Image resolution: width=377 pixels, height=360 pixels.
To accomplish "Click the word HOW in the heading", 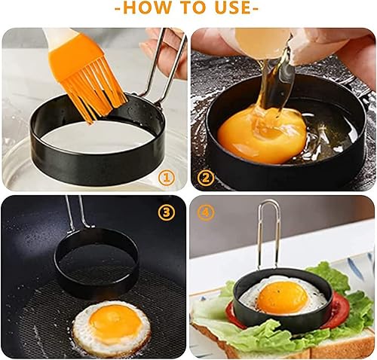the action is point(147,8).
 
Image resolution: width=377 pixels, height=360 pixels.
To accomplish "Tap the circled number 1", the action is point(167,178).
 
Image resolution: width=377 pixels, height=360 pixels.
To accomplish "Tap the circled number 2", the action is point(206,178).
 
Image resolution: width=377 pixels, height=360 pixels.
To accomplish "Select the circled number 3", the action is point(166,212).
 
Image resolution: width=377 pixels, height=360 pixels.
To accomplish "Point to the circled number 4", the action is point(206,212).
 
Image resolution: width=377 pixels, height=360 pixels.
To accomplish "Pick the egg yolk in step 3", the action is point(115,321).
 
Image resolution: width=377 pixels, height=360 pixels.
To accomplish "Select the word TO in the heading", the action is point(191,8).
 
